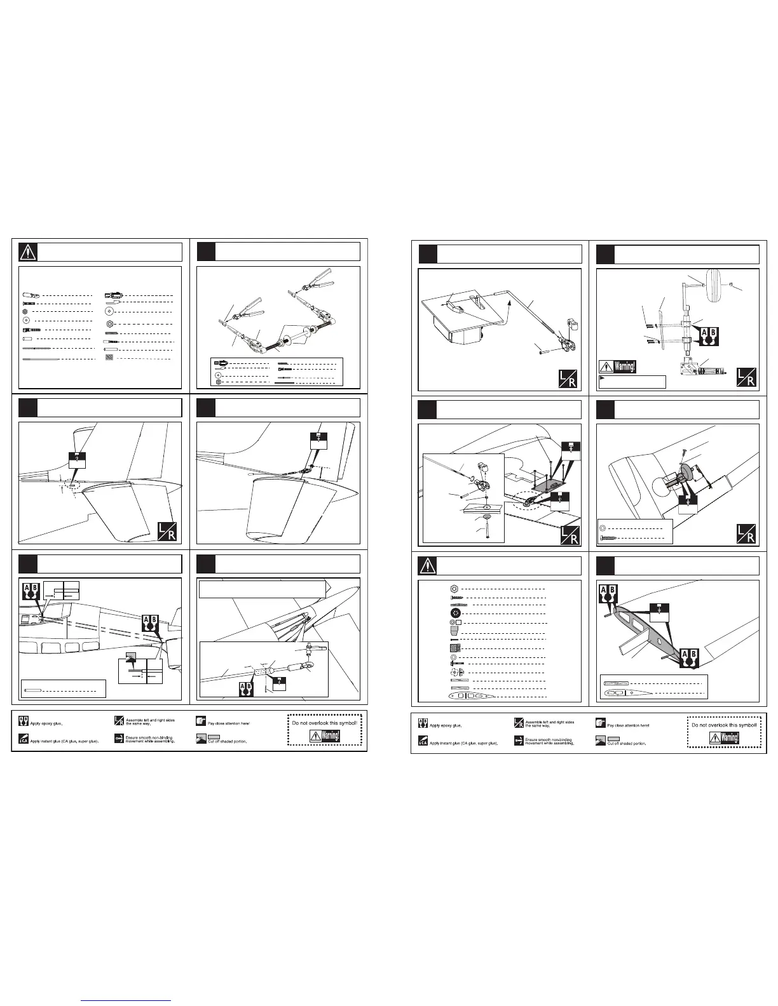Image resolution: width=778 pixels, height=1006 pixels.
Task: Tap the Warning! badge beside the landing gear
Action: [617, 367]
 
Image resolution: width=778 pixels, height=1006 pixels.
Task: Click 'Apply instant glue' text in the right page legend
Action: [464, 742]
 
